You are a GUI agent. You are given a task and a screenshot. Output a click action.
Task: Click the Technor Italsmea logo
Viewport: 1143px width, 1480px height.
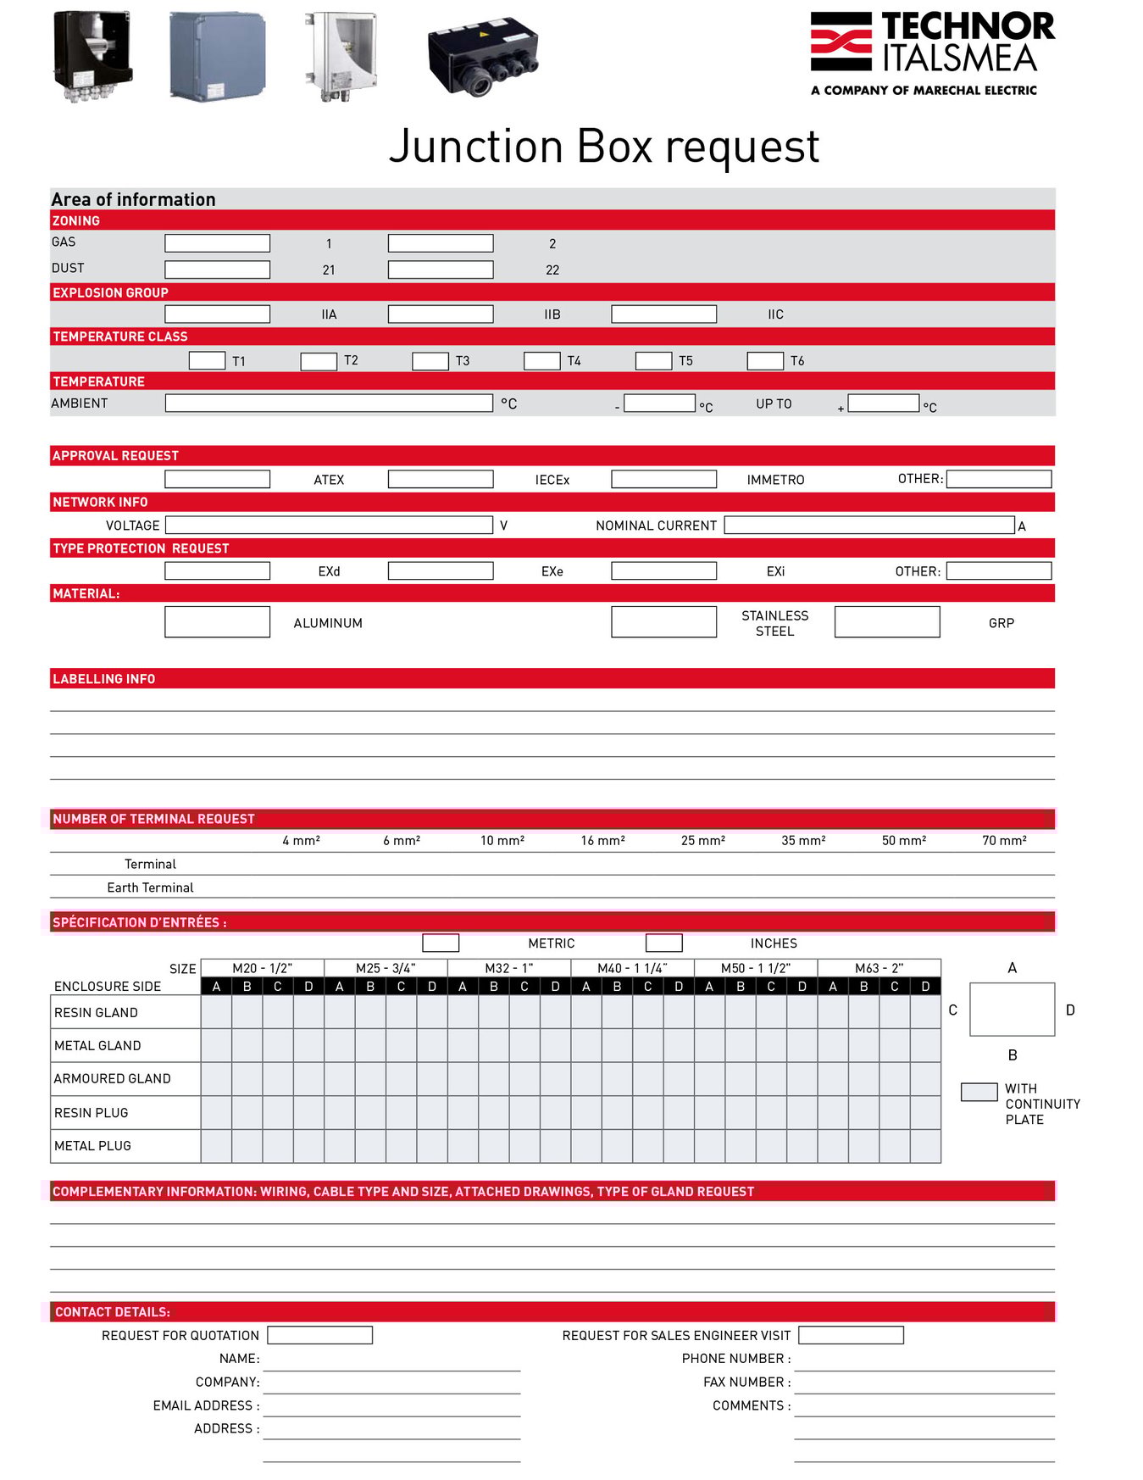tap(932, 53)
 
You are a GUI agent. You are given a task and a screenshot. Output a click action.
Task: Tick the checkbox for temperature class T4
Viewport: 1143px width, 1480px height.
tap(541, 361)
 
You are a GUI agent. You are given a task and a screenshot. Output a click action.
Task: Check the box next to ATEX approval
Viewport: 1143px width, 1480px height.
tap(217, 479)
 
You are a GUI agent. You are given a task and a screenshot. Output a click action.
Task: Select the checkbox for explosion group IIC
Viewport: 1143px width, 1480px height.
tap(663, 314)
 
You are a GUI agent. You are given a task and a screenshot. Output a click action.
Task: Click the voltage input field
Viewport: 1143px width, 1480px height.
tap(329, 526)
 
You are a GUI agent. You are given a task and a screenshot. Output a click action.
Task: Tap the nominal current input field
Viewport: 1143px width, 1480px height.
tap(868, 526)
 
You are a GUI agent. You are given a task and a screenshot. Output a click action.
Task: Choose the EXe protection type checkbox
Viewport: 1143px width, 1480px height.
tap(441, 571)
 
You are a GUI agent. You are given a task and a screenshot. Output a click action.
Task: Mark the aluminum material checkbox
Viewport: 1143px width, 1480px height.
tap(217, 622)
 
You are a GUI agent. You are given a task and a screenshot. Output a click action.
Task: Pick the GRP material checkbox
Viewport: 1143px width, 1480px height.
tap(886, 622)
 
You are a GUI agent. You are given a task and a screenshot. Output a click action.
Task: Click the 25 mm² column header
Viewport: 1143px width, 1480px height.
tap(702, 841)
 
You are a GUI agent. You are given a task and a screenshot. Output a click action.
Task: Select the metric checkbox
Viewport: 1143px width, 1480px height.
tap(441, 943)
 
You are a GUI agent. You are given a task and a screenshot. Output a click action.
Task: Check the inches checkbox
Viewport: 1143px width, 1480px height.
tap(663, 943)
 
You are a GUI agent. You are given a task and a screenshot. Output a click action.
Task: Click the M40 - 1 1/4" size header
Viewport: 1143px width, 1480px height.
tap(632, 968)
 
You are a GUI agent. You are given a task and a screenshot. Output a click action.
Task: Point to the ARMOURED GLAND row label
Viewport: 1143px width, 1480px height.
tap(113, 1079)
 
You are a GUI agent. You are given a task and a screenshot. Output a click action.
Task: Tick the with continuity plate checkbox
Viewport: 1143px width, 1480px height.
tap(979, 1092)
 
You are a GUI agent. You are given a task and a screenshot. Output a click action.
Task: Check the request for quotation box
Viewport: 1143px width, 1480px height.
tap(319, 1336)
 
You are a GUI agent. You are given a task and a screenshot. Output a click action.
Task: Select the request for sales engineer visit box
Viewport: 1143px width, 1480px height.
tap(851, 1336)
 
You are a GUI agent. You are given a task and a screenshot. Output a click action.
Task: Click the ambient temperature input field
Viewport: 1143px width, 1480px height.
tap(329, 403)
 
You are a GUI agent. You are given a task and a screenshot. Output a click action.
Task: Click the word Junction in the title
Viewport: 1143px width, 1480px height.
tap(476, 147)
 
